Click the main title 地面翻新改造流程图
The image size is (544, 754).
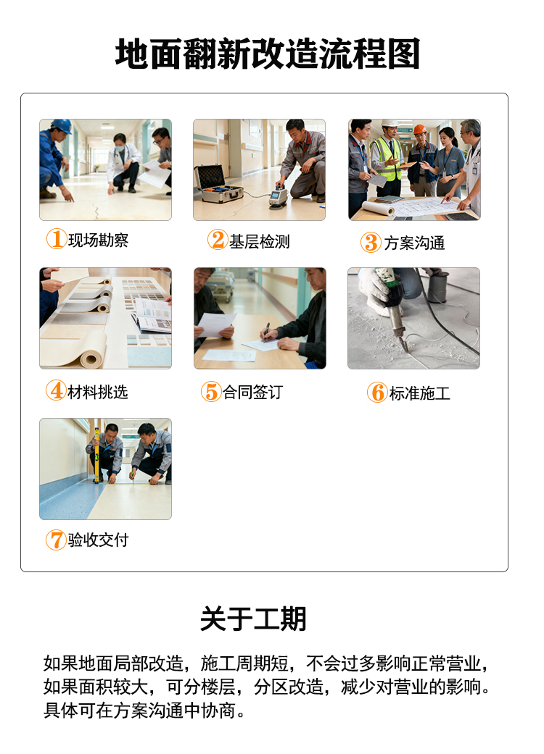pos(268,55)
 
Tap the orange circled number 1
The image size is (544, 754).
pos(56,239)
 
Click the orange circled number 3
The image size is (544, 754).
pos(371,243)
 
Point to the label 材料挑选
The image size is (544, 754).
pos(97,392)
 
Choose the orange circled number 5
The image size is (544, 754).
pos(210,392)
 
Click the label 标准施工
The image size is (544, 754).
pos(419,393)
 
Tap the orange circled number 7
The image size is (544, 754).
pos(56,540)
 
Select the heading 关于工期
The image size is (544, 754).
pos(253,619)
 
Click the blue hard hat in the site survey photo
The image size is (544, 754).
pos(62,126)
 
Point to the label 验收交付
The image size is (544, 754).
pos(98,540)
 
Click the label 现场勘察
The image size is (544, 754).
pos(98,240)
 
